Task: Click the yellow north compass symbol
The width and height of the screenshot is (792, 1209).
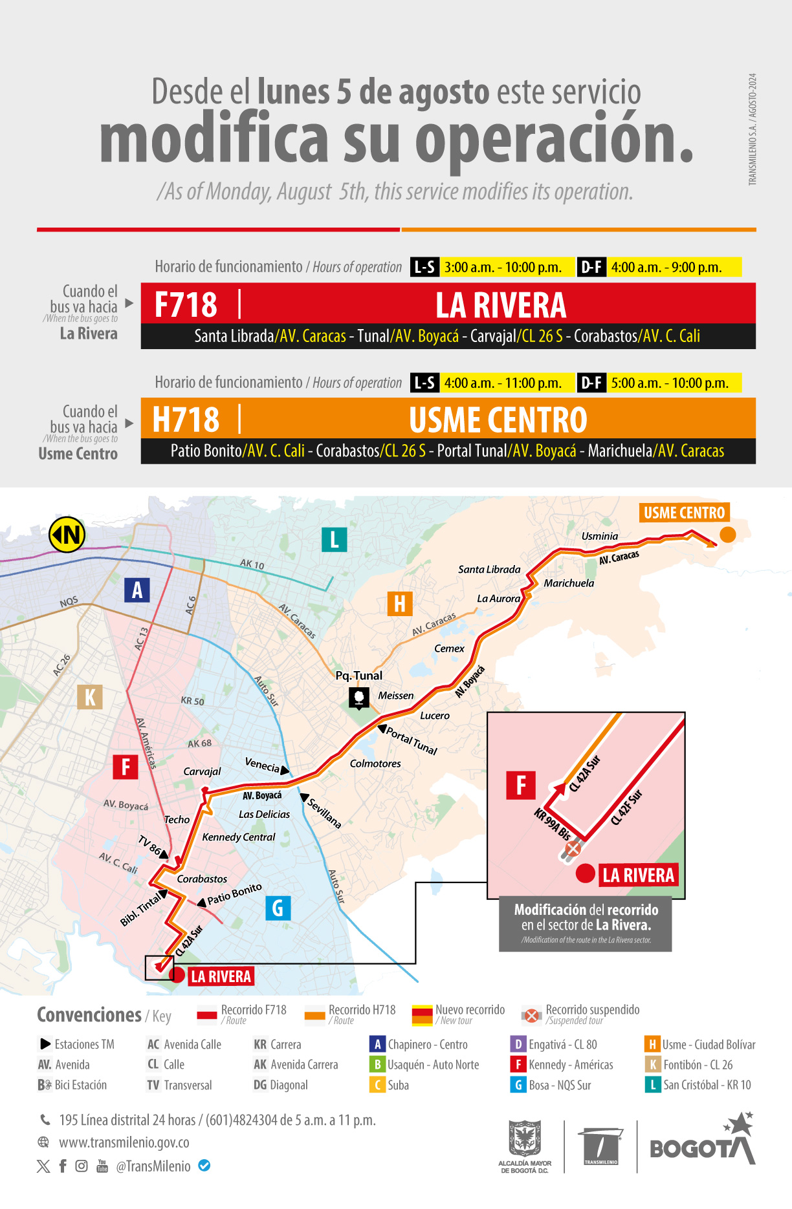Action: coord(67,535)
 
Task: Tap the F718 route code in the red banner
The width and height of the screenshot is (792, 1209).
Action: coord(186,305)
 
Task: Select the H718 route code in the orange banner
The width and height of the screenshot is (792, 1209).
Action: coord(186,420)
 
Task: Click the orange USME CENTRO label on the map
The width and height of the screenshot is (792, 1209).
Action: coord(684,513)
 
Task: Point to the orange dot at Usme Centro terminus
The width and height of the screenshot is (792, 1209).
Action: coord(728,534)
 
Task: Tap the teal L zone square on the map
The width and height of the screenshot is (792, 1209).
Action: coord(334,539)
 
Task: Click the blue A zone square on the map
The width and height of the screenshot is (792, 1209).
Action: coord(137,590)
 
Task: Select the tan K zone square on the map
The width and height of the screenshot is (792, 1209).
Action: coord(90,697)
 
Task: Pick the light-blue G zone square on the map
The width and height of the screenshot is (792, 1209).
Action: coord(278,908)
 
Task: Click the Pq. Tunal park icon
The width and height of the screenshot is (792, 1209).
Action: coord(359,697)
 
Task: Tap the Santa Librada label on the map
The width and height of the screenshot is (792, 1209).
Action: coord(489,570)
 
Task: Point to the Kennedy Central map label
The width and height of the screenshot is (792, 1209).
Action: coord(239,837)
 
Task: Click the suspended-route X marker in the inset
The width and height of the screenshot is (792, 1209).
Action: coord(573,848)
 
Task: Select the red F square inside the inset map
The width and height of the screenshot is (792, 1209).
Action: coord(521,786)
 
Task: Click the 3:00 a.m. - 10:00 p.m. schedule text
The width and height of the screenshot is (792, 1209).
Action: coord(503,267)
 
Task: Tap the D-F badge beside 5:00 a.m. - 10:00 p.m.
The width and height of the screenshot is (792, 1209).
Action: coord(591,383)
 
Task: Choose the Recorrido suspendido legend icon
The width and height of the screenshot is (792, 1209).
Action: coord(531,1016)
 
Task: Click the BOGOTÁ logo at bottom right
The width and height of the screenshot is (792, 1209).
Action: coord(702,1143)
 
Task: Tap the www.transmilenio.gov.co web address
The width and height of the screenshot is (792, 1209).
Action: coord(124,1142)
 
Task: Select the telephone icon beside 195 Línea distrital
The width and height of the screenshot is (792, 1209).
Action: coord(45,1120)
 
